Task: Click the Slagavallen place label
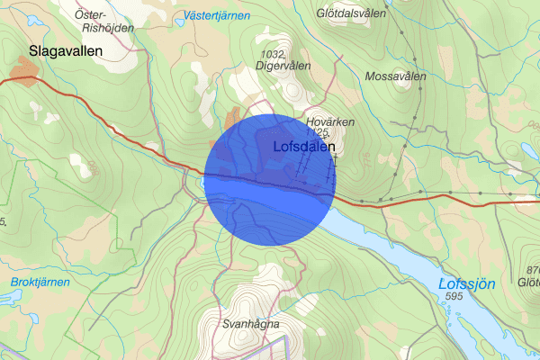point(68,51)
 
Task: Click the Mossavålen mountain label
point(396,77)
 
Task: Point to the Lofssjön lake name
point(466,284)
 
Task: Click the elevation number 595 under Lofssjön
point(453,299)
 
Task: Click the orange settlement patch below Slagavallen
point(25,70)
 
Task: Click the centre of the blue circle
point(270,179)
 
